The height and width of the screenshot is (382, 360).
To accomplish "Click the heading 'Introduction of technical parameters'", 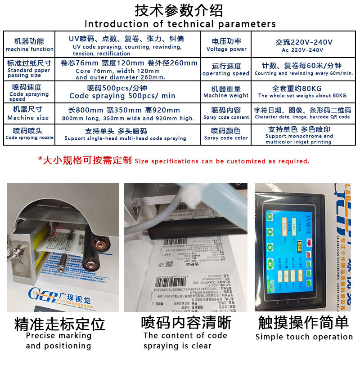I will [180, 23].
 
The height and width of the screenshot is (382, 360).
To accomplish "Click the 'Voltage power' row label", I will [226, 45].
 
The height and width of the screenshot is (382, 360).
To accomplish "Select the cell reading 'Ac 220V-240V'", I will [304, 45].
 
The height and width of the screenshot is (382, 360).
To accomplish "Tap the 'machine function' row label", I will [30, 45].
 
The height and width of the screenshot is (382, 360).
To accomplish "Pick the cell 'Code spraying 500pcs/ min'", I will [122, 92].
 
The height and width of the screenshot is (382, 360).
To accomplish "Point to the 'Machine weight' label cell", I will [226, 92].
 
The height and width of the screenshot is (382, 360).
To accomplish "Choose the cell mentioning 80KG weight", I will [303, 92].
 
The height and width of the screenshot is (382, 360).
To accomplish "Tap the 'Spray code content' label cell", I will [226, 113].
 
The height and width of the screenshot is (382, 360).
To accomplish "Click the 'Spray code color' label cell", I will [226, 134].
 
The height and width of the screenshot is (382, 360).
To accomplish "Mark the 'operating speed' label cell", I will [226, 70].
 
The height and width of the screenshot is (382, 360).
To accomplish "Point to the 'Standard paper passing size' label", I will [29, 69].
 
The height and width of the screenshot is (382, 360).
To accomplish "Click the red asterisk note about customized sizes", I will [174, 160].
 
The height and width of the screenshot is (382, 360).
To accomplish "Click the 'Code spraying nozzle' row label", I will [29, 134].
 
